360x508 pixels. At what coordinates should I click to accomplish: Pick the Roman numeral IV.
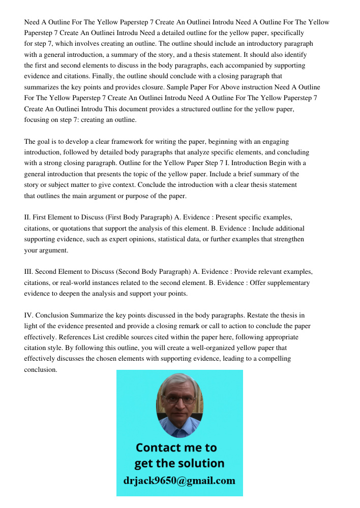(x=28, y=315)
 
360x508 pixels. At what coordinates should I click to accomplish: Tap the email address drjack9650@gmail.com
(x=179, y=480)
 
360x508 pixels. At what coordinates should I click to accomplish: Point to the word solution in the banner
(x=200, y=463)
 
